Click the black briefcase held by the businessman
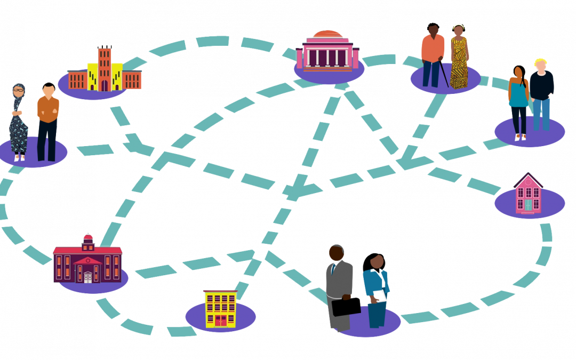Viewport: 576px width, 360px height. (x=346, y=306)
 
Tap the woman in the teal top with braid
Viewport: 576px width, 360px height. (x=518, y=102)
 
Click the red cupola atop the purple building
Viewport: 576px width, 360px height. (x=88, y=239)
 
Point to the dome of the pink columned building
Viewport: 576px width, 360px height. (x=327, y=35)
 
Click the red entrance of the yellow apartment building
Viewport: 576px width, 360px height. (x=220, y=321)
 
